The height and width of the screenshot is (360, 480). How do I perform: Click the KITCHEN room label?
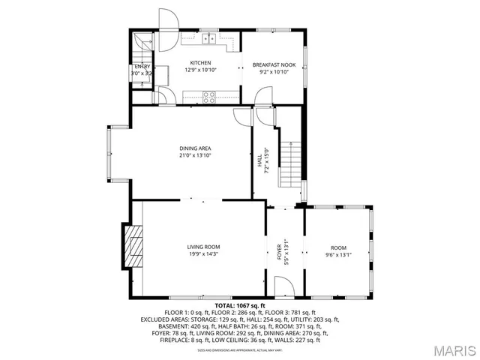(200, 63)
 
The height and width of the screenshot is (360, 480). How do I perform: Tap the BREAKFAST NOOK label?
(273, 65)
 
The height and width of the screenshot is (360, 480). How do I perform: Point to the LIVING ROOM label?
(203, 247)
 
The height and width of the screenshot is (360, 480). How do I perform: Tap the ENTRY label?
(142, 67)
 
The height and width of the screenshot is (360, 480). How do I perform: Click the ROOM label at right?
(339, 247)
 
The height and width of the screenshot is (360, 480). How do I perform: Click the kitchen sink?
(208, 40)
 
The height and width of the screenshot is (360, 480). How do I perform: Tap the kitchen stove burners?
(209, 95)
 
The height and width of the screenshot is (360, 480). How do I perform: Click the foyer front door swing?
(283, 286)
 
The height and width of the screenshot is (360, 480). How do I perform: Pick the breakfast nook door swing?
(262, 95)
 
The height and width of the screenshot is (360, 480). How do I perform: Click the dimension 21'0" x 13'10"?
(195, 156)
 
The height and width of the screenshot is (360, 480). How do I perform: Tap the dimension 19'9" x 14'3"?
(203, 254)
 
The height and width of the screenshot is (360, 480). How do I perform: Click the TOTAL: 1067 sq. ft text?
(240, 306)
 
